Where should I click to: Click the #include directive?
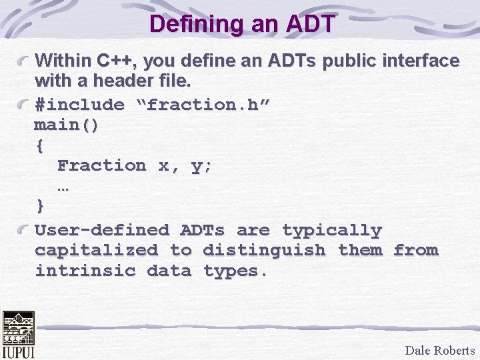tap(79, 105)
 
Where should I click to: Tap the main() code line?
tap(67, 125)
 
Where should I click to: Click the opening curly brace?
tap(39, 145)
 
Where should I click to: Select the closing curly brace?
tap(40, 205)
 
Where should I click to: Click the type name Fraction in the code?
tap(101, 165)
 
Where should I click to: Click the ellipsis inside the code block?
tap(63, 187)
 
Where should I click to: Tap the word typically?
tap(331, 231)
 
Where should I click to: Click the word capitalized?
tap(96, 251)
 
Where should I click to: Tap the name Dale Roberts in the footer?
tap(439, 351)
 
